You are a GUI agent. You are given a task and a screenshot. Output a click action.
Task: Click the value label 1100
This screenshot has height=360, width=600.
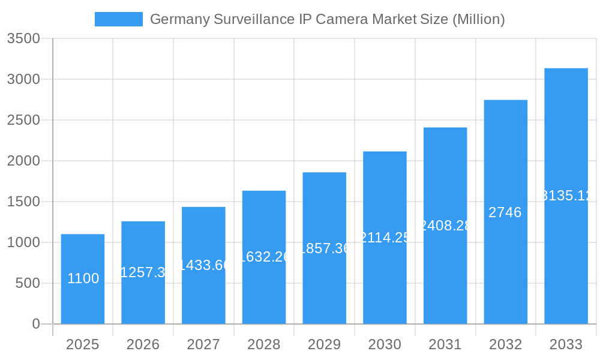(83, 278)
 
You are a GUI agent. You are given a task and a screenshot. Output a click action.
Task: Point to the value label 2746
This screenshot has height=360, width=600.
(505, 212)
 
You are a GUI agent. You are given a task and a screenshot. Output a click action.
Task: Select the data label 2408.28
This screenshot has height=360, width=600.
(445, 226)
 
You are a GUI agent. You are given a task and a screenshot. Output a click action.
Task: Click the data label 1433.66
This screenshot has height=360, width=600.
(204, 265)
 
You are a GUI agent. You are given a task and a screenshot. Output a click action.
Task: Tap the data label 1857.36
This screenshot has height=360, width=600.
(324, 248)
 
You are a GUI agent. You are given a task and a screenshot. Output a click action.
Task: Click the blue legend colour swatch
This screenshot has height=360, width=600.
(119, 19)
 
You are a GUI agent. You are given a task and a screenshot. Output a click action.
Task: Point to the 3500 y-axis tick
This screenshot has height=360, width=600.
(23, 38)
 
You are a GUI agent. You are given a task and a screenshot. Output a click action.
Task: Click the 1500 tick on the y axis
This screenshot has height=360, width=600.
(23, 202)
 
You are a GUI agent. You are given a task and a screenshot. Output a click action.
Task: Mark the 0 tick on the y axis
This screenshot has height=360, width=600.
(35, 324)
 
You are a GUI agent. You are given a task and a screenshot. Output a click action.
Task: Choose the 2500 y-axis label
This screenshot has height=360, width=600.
(23, 120)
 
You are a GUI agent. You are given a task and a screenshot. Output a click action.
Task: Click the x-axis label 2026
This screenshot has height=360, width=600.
(143, 344)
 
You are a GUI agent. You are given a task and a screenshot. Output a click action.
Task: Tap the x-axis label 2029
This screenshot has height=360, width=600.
(324, 344)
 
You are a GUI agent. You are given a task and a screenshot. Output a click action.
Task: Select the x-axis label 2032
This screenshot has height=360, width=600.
(505, 344)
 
